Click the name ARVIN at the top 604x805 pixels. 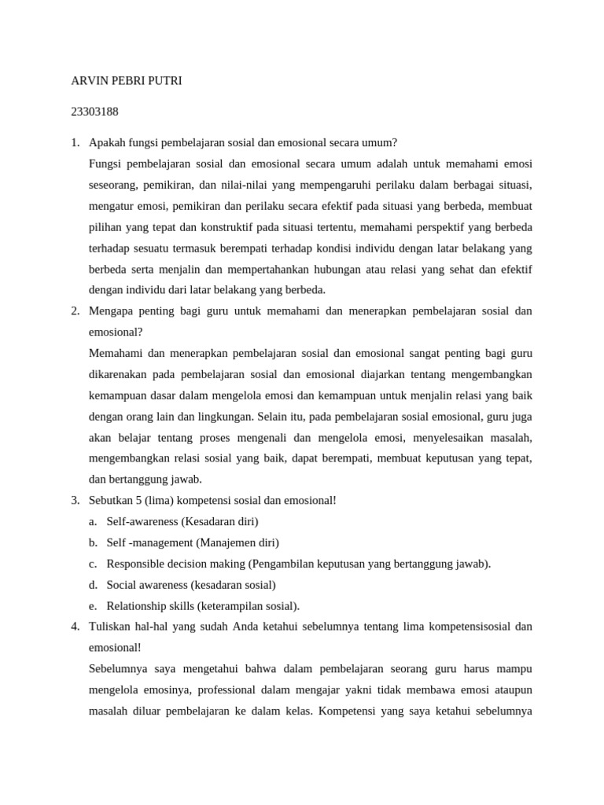tap(88, 81)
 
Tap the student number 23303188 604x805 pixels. tap(94, 112)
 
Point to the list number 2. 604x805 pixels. tap(75, 311)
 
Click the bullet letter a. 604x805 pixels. tap(93, 521)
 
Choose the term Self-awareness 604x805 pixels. tap(143, 521)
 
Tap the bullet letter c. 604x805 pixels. tap(93, 564)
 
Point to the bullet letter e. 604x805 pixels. tap(93, 605)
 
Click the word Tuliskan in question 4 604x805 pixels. tap(112, 627)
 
